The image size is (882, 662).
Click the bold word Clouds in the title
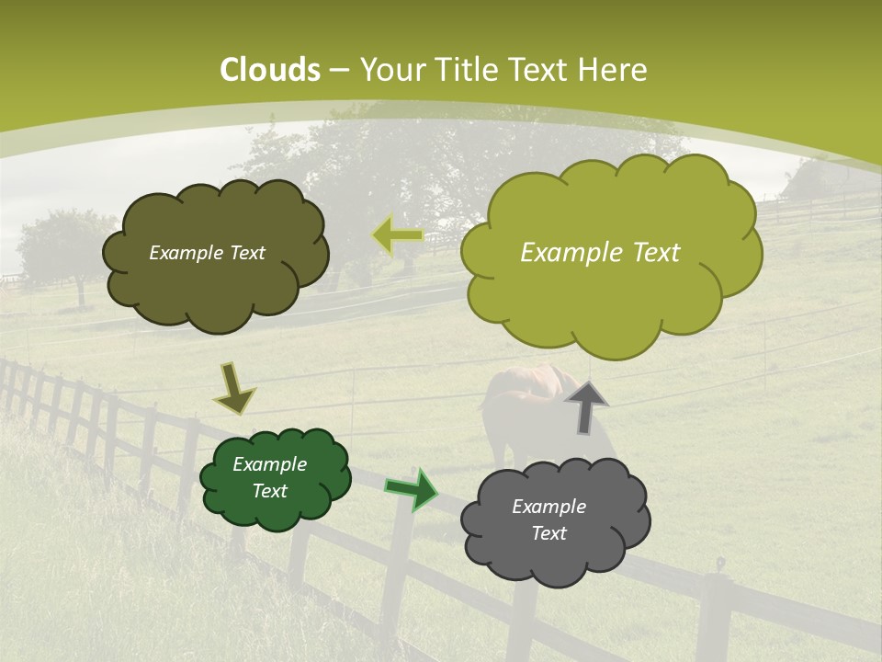pyautogui.click(x=270, y=70)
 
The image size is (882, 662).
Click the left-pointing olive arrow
pyautogui.click(x=397, y=235)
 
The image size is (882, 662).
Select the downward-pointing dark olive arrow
pyautogui.click(x=234, y=389)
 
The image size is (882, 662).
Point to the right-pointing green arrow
pyautogui.click(x=412, y=488)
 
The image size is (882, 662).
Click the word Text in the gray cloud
pyautogui.click(x=548, y=533)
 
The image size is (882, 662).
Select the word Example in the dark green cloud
pyautogui.click(x=269, y=464)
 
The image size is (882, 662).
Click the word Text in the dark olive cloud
pyautogui.click(x=244, y=253)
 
